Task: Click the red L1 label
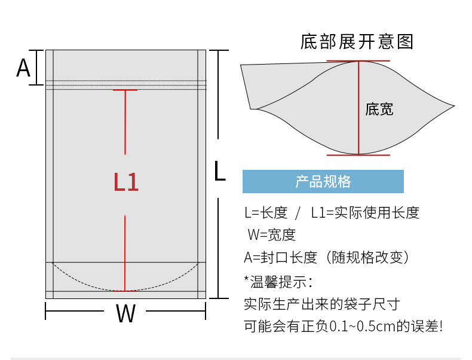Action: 126,182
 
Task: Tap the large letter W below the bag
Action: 125,313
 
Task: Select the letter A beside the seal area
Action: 23,68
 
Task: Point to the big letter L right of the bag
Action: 220,172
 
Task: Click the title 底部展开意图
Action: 357,42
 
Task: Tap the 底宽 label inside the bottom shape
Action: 379,109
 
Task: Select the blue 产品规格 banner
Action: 323,181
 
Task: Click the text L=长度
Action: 266,212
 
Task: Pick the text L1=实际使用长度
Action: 365,212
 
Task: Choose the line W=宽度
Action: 271,235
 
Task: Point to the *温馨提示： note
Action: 278,280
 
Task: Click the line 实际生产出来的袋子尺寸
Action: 321,304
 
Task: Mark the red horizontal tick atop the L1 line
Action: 125,90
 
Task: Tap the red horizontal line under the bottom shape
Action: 358,155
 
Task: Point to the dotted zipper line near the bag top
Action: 125,81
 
